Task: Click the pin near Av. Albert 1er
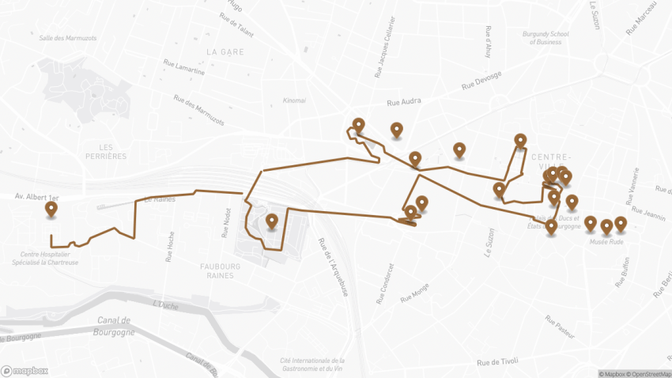(x=52, y=210)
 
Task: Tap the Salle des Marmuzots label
(x=67, y=37)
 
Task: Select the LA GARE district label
(x=225, y=51)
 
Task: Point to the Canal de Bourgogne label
(x=115, y=326)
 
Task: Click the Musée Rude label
(x=606, y=242)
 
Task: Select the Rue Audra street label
(x=404, y=102)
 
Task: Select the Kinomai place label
(x=294, y=101)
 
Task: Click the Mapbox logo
(x=25, y=370)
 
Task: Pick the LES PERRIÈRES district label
(x=102, y=151)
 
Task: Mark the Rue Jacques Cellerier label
(x=384, y=48)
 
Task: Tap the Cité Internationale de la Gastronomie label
(x=312, y=363)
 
